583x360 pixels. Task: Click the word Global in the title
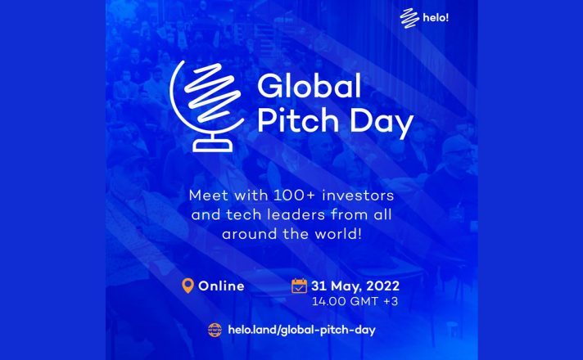tap(309, 86)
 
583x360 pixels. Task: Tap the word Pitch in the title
tap(298, 121)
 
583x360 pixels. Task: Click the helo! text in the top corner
tap(436, 17)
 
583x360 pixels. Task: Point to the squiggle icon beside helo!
tap(409, 17)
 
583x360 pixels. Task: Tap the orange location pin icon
tap(188, 286)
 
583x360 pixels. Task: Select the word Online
tap(221, 286)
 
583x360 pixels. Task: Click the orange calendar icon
tap(300, 286)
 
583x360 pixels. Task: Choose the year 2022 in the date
tap(382, 286)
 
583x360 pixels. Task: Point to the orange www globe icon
tap(215, 330)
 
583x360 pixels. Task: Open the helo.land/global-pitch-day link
tap(301, 330)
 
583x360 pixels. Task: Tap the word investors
tap(358, 196)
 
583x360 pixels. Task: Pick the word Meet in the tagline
tap(209, 196)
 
